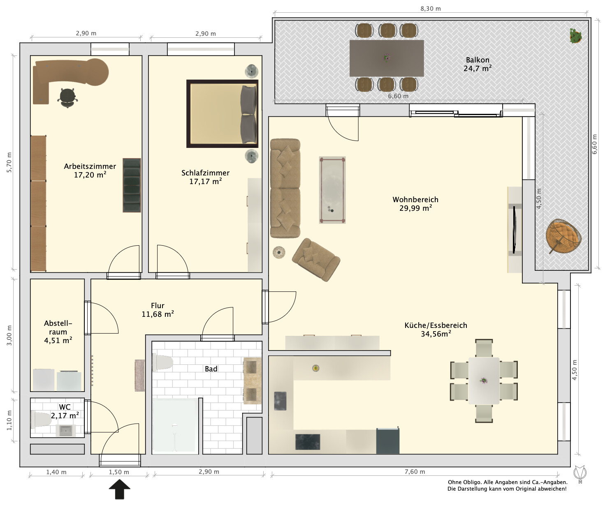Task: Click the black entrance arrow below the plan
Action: click(120, 489)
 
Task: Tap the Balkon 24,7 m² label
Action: click(478, 64)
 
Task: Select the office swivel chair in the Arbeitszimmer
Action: click(68, 98)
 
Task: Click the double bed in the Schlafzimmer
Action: click(222, 114)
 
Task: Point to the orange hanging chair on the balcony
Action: click(563, 236)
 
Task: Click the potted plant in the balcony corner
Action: click(576, 36)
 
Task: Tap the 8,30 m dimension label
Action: click(431, 9)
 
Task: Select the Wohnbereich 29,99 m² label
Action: click(415, 203)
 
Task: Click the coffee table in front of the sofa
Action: click(332, 190)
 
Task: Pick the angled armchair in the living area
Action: click(316, 260)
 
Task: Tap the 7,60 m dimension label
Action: click(415, 472)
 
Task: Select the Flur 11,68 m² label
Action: click(158, 310)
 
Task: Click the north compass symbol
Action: click(580, 474)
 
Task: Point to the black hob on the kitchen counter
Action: click(308, 442)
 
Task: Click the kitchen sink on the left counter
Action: click(280, 401)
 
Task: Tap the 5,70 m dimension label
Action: click(9, 162)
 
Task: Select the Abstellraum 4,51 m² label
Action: click(58, 332)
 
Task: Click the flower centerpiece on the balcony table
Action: click(387, 58)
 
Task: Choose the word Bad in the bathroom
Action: click(211, 369)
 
